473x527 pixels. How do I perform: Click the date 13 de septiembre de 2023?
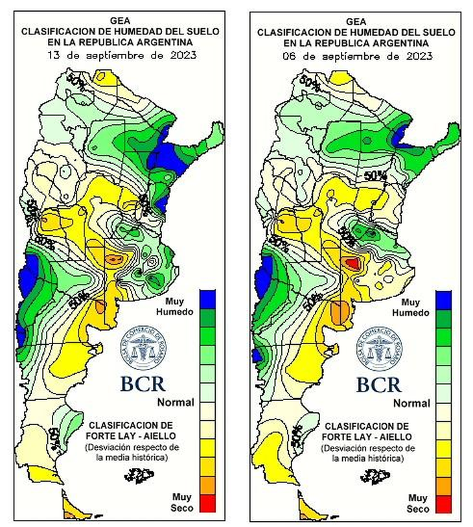122,56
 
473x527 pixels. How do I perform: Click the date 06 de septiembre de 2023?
358,56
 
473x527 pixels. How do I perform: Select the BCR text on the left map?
143,383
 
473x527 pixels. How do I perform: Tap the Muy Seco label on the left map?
181,503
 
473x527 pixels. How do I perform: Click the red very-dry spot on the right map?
352,263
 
